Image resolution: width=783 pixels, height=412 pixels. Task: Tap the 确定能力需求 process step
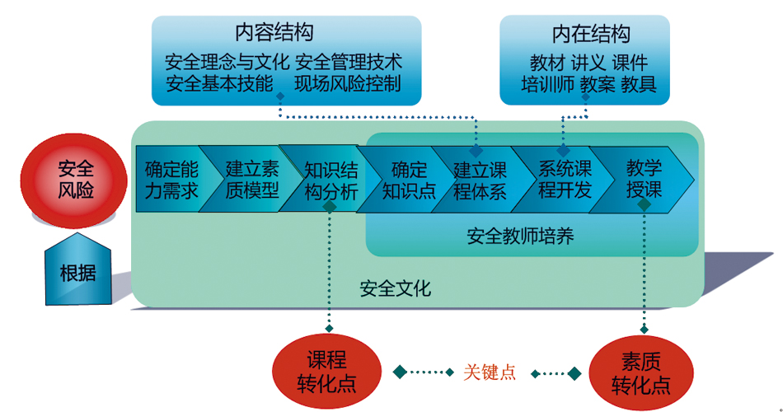tap(171, 180)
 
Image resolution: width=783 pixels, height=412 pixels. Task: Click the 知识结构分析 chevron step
tap(331, 180)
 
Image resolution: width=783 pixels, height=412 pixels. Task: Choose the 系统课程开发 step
tap(565, 180)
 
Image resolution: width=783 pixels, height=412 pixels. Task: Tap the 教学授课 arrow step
tap(644, 180)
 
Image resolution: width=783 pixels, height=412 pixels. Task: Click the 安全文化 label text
tap(395, 289)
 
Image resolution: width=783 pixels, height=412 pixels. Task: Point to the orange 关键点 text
tap(490, 372)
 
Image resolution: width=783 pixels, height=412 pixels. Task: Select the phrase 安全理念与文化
tap(227, 62)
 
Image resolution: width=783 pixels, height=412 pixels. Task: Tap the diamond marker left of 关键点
tap(400, 372)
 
